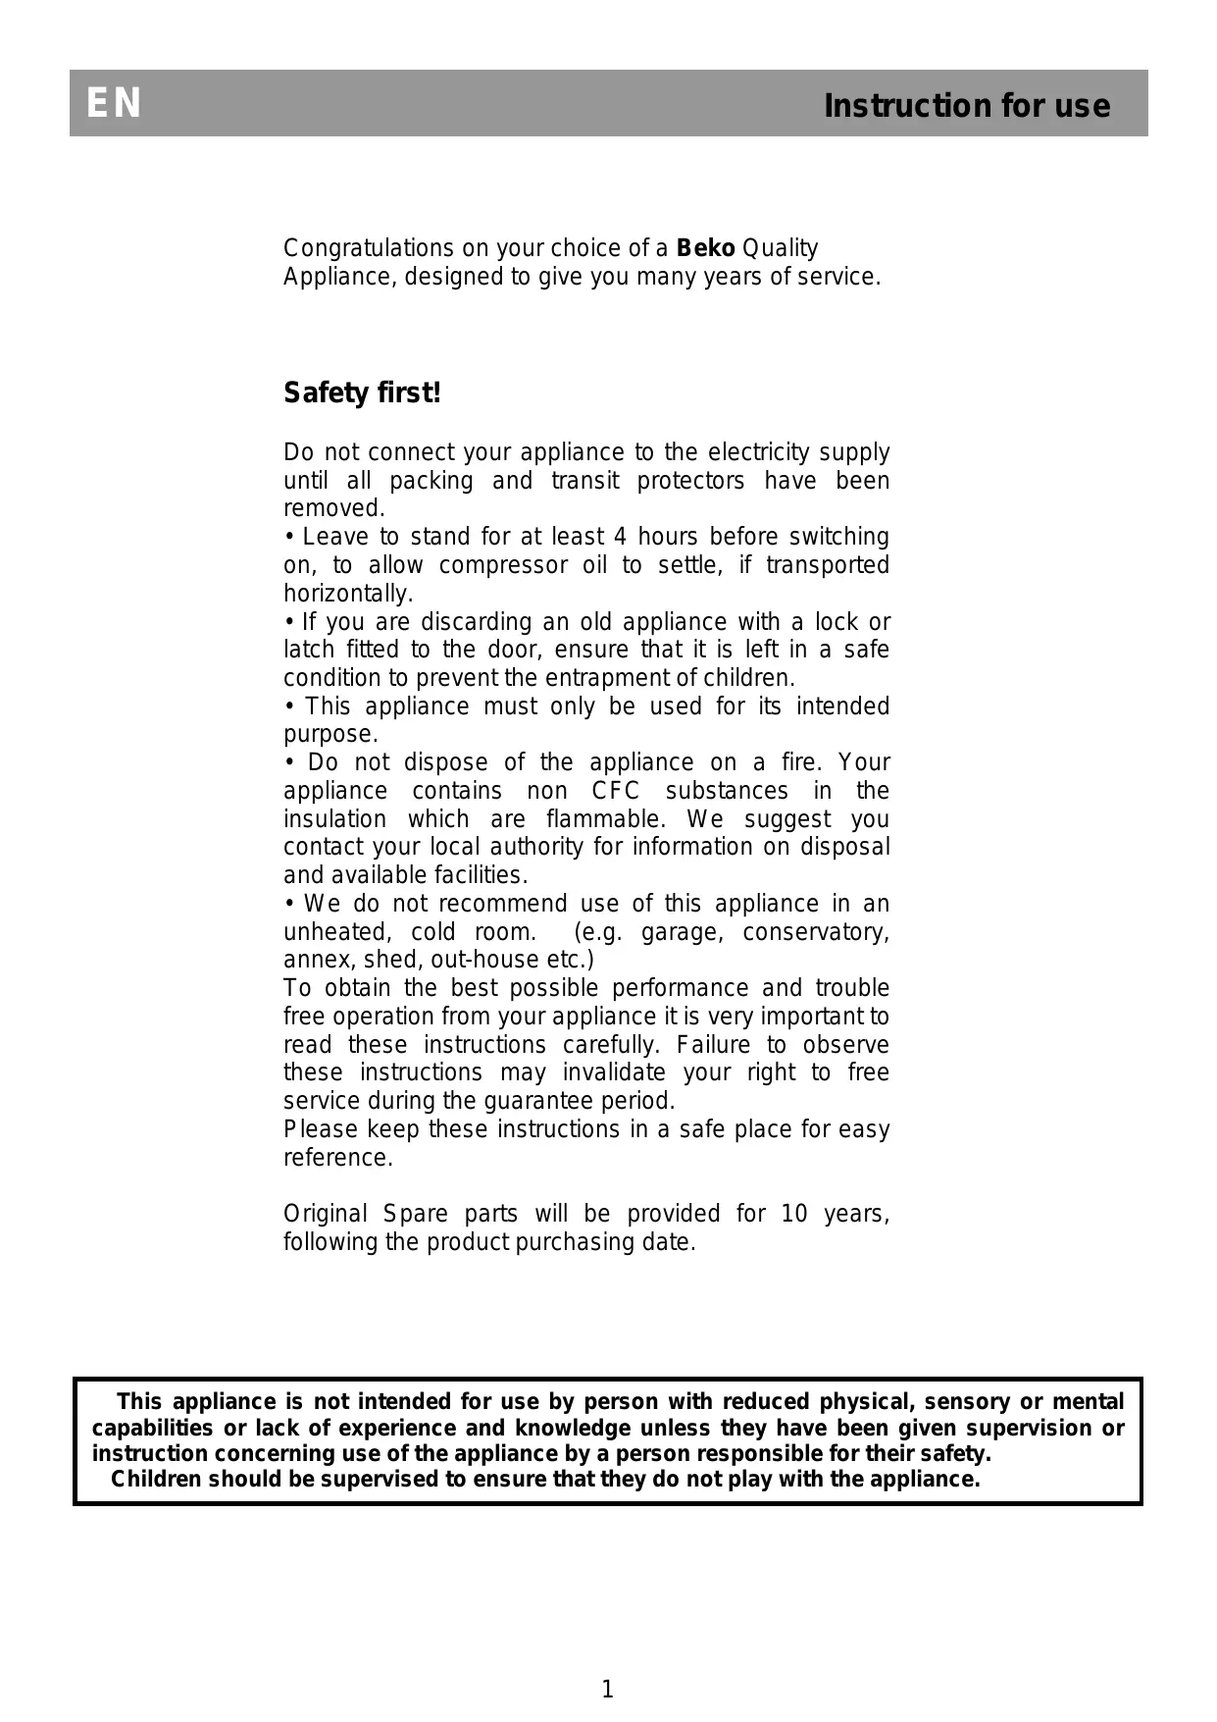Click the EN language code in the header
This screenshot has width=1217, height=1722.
coord(114,104)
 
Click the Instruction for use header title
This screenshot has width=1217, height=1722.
coord(966,106)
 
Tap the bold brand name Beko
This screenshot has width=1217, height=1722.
coord(705,248)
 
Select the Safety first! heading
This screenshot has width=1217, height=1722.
coord(362,393)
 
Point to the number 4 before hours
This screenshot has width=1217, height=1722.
coord(619,537)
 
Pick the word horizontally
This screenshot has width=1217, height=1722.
coord(347,594)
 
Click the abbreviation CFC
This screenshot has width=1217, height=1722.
coord(616,791)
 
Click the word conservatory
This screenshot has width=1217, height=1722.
coord(815,932)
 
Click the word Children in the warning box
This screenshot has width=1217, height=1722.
coord(158,1479)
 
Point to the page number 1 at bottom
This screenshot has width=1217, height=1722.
coord(607,1689)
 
